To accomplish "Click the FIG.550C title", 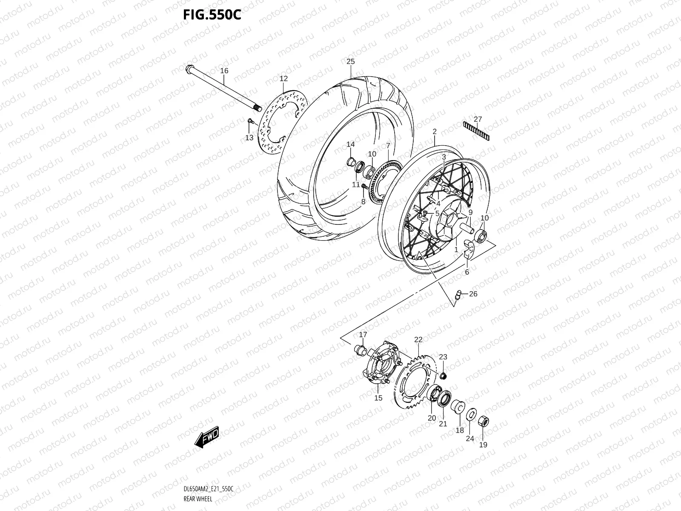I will tap(212, 14).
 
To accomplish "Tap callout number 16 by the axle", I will tap(224, 71).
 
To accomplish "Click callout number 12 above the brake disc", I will tap(283, 78).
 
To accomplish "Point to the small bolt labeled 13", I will tap(250, 122).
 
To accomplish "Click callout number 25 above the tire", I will tap(350, 61).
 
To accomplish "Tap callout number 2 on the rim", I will tap(435, 132).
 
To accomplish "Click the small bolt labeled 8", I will tap(364, 187).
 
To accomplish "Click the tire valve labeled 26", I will tap(459, 295).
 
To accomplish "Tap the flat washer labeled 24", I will tap(470, 415).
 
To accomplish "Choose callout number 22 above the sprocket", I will tap(418, 339).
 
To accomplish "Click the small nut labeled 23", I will tap(443, 375).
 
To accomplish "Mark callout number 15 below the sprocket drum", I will tap(378, 398).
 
